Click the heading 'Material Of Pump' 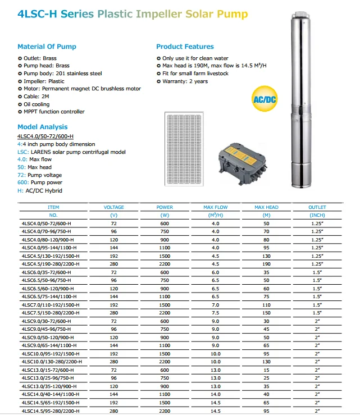click(x=47, y=47)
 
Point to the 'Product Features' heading click(x=185, y=47)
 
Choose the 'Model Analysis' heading click(x=42, y=127)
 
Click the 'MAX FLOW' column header click(x=215, y=207)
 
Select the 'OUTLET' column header click(x=317, y=207)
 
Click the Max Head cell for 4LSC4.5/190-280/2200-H click(x=266, y=264)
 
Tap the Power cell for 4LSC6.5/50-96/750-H click(x=165, y=280)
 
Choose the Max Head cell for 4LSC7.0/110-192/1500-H click(x=266, y=305)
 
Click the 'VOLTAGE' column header click(x=114, y=207)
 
